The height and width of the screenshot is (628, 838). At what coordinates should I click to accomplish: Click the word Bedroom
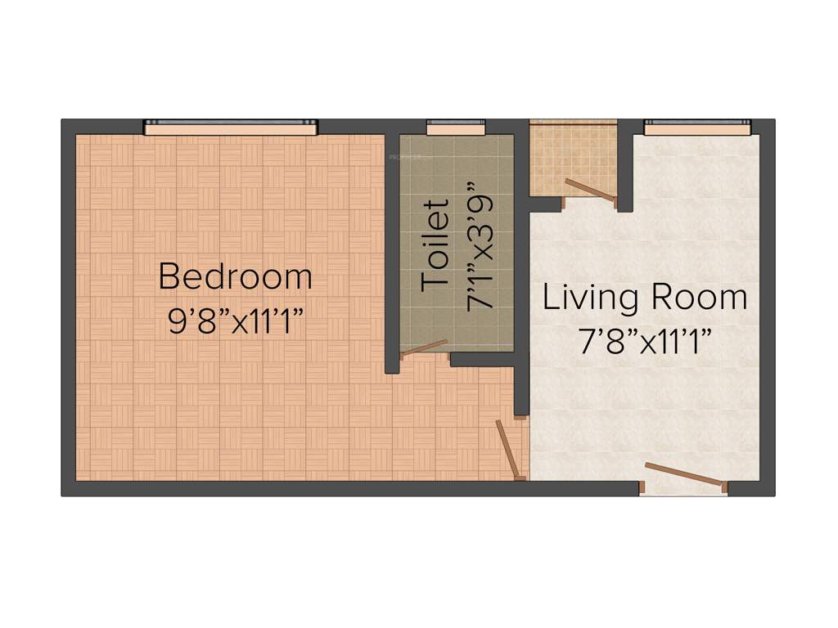coord(235,276)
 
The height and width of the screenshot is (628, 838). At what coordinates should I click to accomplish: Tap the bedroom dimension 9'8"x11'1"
coord(235,321)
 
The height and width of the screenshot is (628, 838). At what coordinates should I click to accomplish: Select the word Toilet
coord(436,245)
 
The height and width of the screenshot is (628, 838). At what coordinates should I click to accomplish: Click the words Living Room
coord(645,297)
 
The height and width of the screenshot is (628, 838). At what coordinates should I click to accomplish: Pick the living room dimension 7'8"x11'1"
coord(645,341)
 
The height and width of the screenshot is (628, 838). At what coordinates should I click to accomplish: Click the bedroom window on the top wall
coord(231,127)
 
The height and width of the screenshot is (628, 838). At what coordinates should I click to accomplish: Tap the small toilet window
coord(456,127)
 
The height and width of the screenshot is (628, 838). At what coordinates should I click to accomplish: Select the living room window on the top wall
coord(696,127)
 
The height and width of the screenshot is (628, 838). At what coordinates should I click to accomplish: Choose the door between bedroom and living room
coord(508,449)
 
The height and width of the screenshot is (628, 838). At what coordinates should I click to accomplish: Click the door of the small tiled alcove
coord(590,189)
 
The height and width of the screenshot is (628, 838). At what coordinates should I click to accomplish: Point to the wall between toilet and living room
coord(521,270)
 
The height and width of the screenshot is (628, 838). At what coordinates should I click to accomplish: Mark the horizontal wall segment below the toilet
coord(482,359)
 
